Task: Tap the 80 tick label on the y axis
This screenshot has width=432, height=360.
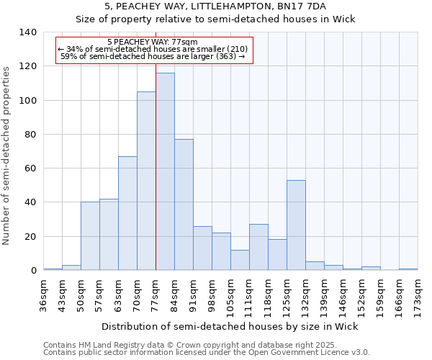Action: pos(30,135)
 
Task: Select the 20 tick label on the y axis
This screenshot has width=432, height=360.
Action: pos(30,237)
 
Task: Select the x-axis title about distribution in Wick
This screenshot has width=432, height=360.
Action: pos(230,326)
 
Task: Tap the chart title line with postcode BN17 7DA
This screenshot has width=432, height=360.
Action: pos(216,6)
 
